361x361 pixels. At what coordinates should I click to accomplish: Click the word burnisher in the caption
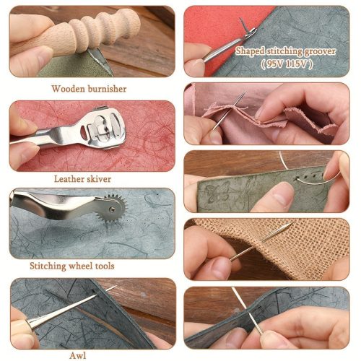(x=107, y=89)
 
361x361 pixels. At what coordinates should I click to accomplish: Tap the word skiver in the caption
(x=99, y=179)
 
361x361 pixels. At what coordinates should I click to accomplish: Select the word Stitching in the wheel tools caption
(x=48, y=266)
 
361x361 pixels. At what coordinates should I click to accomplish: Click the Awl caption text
(x=78, y=356)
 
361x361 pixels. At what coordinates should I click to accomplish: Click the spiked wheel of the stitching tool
(x=112, y=209)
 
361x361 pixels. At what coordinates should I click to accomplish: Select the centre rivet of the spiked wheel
(x=111, y=209)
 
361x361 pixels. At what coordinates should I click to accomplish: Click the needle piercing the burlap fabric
(x=262, y=240)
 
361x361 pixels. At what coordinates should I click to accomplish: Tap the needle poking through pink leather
(x=229, y=111)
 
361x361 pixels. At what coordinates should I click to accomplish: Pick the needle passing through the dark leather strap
(x=248, y=311)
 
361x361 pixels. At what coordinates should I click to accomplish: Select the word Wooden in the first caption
(x=68, y=89)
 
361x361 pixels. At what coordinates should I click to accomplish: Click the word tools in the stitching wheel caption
(x=103, y=266)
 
